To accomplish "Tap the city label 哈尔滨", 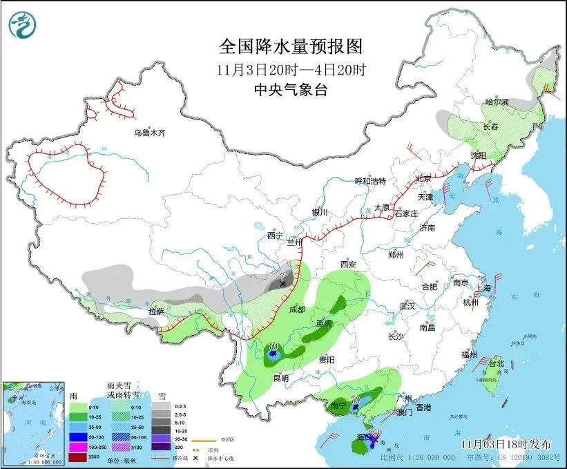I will tap(496, 102).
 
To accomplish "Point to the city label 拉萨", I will tap(156, 312).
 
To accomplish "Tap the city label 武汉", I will tap(407, 305).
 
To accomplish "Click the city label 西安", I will tap(347, 264).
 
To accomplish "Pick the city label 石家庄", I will tap(407, 213).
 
